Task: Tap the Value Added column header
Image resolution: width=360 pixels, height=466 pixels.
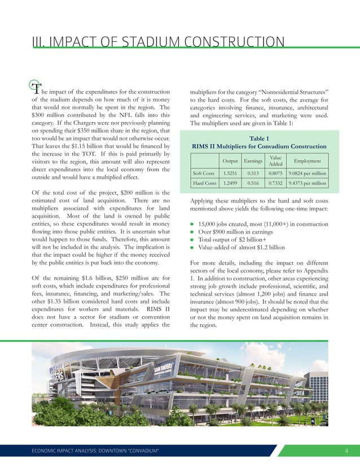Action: coord(276,161)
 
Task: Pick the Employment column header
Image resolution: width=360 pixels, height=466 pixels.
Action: coord(307,161)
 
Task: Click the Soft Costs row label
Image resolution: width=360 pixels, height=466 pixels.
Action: coord(204,174)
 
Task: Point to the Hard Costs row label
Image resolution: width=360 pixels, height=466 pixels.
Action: coord(204,183)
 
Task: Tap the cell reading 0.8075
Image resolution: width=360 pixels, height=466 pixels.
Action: coord(276,174)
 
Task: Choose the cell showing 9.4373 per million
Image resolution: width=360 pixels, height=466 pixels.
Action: coord(307,183)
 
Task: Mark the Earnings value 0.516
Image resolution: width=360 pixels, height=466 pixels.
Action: coord(252,183)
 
